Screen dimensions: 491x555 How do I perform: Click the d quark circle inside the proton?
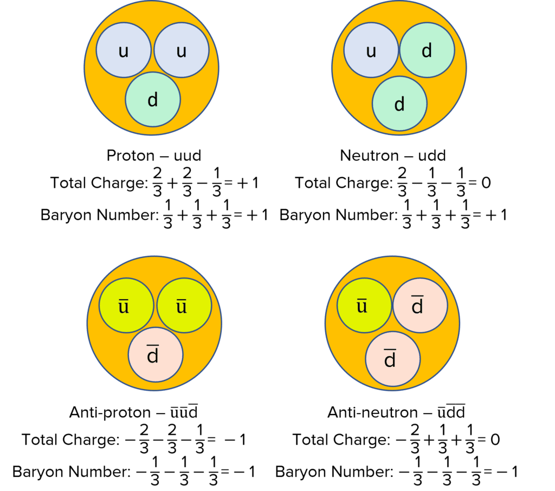152,100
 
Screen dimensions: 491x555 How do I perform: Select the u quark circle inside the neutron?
371,50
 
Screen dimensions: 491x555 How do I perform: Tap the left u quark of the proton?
124,50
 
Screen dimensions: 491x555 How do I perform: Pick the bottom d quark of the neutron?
399,104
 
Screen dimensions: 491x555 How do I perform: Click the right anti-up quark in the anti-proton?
182,306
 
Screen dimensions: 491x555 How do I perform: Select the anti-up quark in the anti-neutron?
364,306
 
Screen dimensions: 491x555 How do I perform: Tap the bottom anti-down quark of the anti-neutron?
392,358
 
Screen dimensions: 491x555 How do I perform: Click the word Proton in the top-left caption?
130,156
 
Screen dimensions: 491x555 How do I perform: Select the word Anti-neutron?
372,413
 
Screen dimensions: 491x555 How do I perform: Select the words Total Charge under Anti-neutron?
339,440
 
